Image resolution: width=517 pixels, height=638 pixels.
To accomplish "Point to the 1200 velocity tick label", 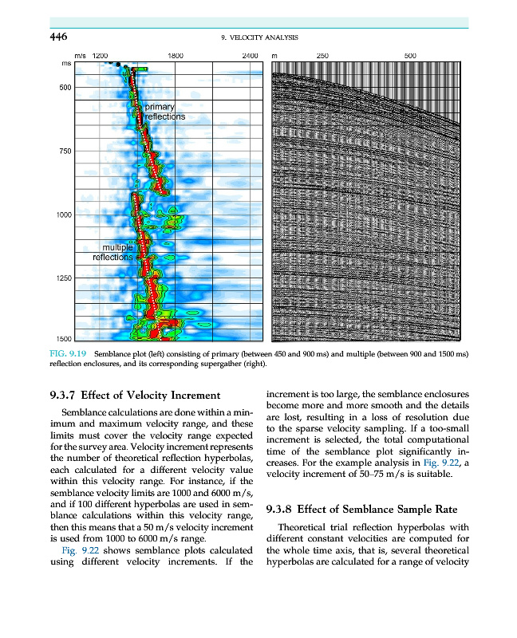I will (101, 56).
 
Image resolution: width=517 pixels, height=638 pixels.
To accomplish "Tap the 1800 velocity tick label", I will (177, 56).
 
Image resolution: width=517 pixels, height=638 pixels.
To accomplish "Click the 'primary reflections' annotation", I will (164, 112).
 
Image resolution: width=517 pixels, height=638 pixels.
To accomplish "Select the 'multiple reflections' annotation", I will (113, 252).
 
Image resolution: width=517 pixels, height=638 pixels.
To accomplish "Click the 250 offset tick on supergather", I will (323, 56).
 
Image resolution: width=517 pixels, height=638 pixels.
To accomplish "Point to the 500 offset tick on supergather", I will (411, 56).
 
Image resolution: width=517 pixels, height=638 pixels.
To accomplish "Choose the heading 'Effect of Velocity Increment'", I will (153, 396).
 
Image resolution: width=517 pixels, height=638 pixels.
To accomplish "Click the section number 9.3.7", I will (64, 396).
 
